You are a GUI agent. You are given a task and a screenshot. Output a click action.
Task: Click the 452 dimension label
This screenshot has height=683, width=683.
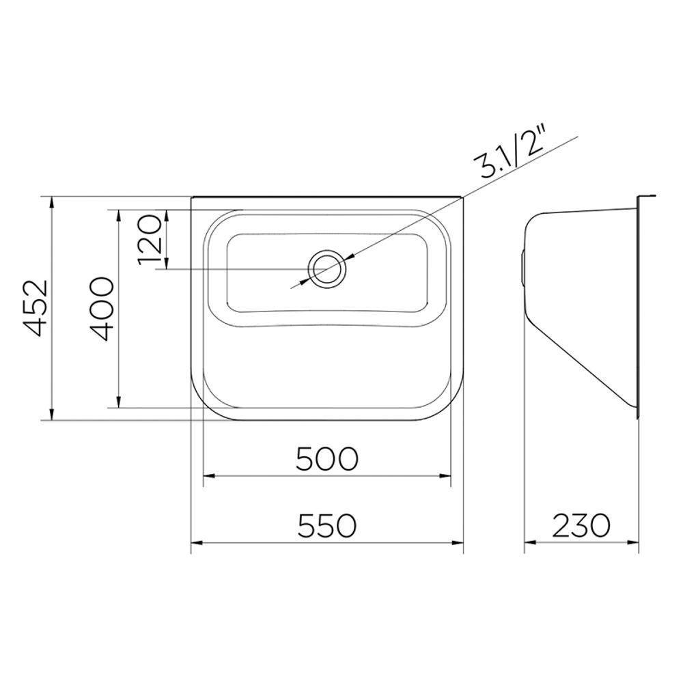coord(34,309)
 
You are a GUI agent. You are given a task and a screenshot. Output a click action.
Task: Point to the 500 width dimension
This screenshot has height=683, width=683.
coord(327,459)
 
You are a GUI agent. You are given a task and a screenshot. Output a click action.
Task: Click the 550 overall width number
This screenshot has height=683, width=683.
coord(327,526)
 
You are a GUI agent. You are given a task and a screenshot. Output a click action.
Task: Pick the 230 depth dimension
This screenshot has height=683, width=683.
coord(581,526)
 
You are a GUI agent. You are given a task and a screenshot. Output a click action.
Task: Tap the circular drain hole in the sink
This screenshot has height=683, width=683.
coord(326,268)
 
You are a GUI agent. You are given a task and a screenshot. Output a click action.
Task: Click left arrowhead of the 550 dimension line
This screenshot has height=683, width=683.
coord(195,544)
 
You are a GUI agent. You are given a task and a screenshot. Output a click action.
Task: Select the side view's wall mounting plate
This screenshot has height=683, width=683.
coord(639,307)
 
